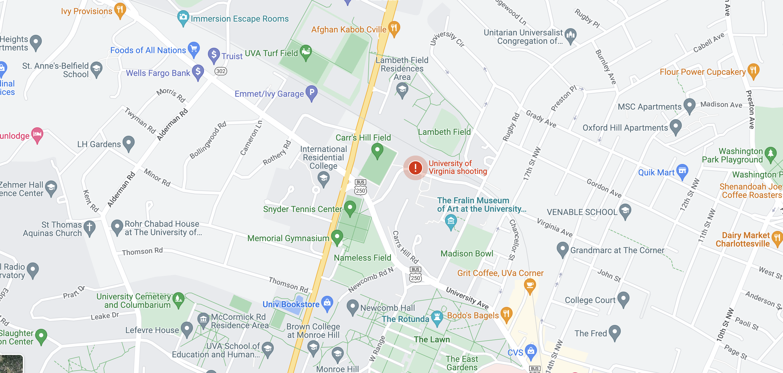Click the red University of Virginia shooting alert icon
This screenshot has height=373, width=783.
(x=415, y=167)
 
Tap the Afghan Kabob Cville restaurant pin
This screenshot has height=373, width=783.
(x=394, y=28)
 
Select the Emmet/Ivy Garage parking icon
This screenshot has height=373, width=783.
(x=312, y=92)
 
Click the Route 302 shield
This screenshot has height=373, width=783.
(x=221, y=71)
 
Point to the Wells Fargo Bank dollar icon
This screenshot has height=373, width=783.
(x=198, y=72)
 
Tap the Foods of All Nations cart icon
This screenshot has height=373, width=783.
(x=193, y=49)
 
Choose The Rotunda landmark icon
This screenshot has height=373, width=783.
(x=437, y=317)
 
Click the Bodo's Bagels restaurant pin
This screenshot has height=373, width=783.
(x=506, y=314)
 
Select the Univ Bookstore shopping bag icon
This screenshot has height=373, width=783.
(x=327, y=303)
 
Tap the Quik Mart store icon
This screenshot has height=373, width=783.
(x=682, y=171)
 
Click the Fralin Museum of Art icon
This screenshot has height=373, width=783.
(x=451, y=221)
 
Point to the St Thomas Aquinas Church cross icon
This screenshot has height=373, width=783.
(x=89, y=228)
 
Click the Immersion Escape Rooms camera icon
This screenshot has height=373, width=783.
(x=183, y=17)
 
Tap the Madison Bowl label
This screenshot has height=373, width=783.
(x=467, y=254)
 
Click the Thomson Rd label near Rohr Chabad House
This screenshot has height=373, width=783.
(x=142, y=251)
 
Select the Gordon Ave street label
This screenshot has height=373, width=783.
(x=604, y=188)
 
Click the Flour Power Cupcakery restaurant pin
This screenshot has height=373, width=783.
(x=753, y=71)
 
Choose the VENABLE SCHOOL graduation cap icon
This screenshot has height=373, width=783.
(x=625, y=211)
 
